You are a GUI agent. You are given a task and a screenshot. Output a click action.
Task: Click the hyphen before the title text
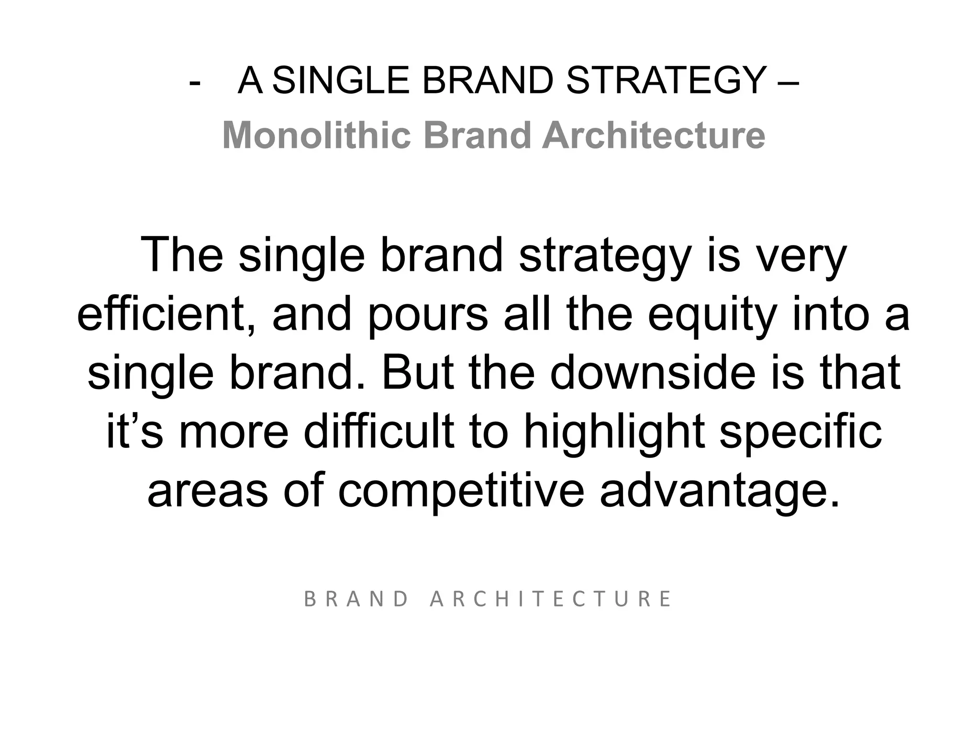coord(195,82)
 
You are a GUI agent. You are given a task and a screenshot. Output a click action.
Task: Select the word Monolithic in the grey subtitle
coord(316,135)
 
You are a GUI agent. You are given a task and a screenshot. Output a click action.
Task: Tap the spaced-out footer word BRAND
coord(356,599)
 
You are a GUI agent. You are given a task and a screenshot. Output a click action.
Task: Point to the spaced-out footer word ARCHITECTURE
coord(551,599)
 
